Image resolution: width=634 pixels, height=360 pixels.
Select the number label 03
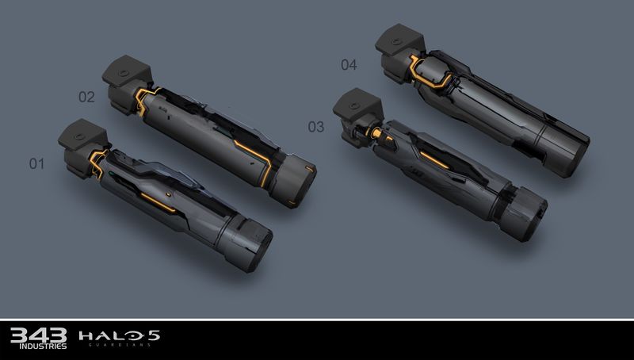click(315, 125)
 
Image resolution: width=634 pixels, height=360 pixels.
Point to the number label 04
click(349, 65)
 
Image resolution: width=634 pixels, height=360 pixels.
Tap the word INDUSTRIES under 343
click(29, 347)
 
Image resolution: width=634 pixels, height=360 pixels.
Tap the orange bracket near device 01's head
click(98, 162)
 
